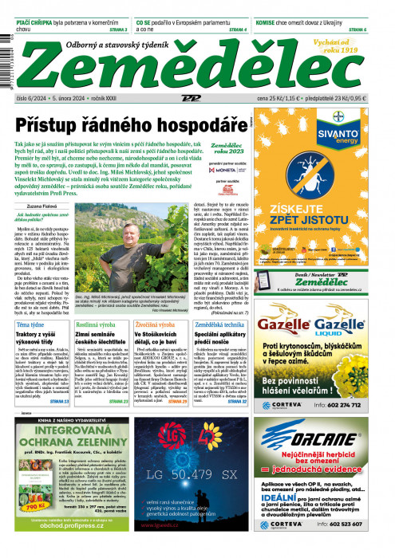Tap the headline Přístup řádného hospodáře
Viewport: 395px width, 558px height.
(132, 126)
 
